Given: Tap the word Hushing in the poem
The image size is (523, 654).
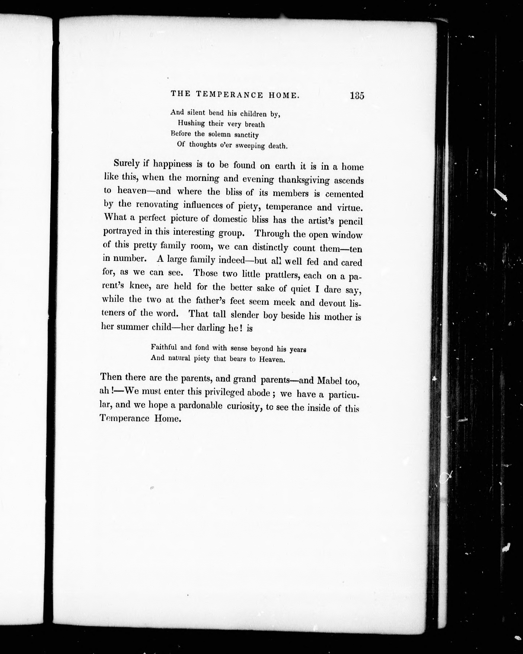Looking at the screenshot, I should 191,123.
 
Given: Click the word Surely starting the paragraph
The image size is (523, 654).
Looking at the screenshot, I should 127,163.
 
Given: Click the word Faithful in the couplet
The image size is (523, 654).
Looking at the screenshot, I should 164,347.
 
